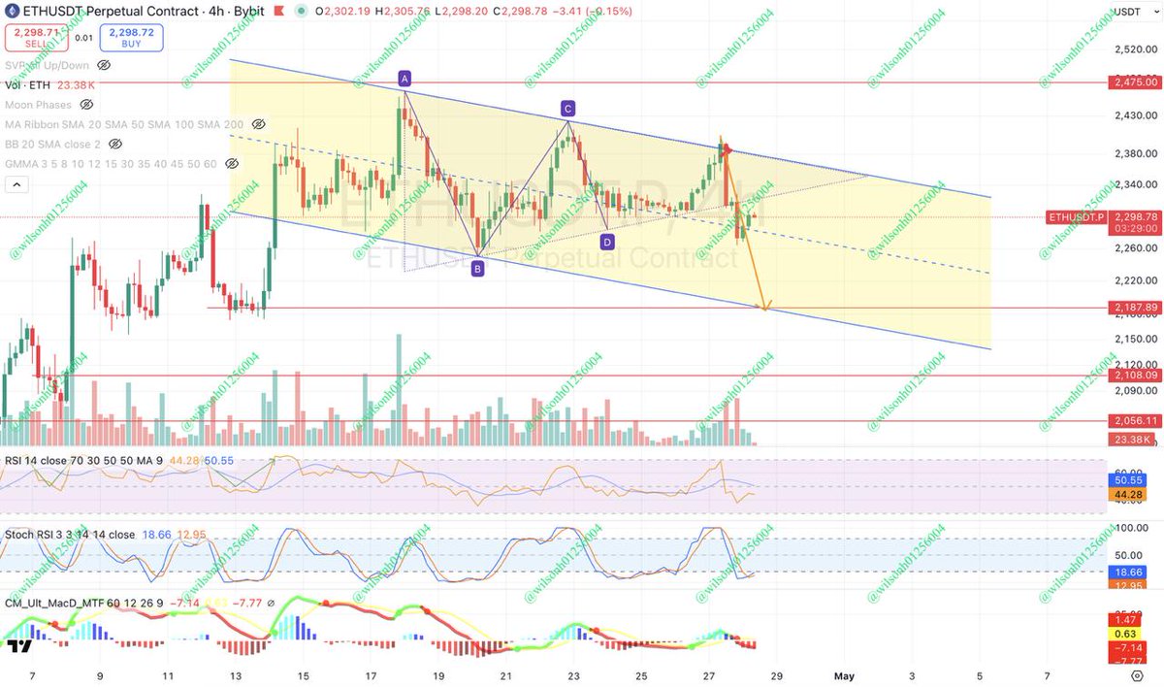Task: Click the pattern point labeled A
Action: (404, 78)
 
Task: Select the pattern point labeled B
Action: (477, 270)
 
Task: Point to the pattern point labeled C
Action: (567, 108)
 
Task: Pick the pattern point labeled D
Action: (607, 242)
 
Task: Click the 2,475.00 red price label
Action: (1134, 83)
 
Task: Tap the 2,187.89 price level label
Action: (1134, 308)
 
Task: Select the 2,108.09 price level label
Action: (1134, 375)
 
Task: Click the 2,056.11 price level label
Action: (1134, 420)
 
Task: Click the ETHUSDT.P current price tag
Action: (1076, 217)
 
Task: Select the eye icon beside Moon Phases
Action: (86, 104)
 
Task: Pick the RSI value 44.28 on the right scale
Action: (1124, 494)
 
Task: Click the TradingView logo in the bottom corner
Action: (18, 645)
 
